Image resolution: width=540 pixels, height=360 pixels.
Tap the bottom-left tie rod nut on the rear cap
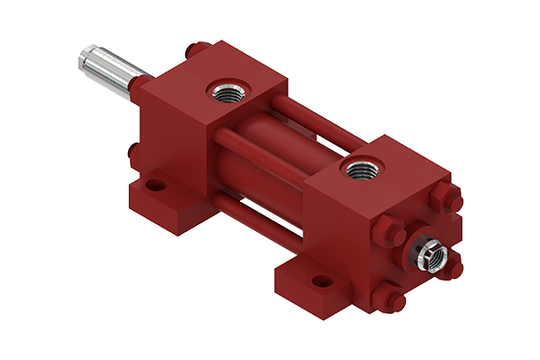coord(387,296)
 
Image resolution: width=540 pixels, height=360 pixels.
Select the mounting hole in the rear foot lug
coord(322,282)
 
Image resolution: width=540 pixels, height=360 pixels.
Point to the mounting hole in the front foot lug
coord(156,187)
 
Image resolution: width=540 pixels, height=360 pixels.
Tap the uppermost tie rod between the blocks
coord(318,119)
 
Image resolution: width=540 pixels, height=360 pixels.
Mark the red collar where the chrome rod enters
coord(139,85)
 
